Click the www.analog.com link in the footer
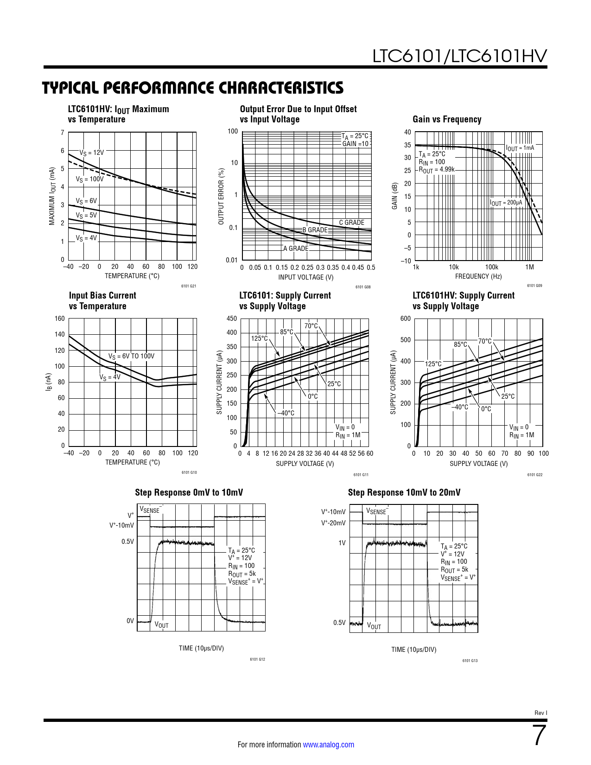click(x=328, y=745)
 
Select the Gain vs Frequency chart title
click(x=447, y=119)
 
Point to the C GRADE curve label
click(x=351, y=223)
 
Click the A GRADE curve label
click(x=296, y=249)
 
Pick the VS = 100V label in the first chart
click(x=89, y=179)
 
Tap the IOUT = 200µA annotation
click(x=506, y=203)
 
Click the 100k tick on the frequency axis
click(x=491, y=267)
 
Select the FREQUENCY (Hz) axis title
click(x=478, y=276)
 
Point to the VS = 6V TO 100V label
click(x=131, y=356)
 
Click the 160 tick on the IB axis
click(x=60, y=319)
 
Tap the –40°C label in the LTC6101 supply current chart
click(x=286, y=413)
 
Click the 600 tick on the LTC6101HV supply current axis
click(x=406, y=319)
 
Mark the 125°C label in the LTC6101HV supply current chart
click(x=433, y=364)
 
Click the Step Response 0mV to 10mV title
click(x=189, y=492)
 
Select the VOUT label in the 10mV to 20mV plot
click(x=374, y=626)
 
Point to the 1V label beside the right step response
click(x=342, y=543)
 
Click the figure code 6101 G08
click(x=363, y=287)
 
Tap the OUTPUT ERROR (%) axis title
click(x=221, y=197)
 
